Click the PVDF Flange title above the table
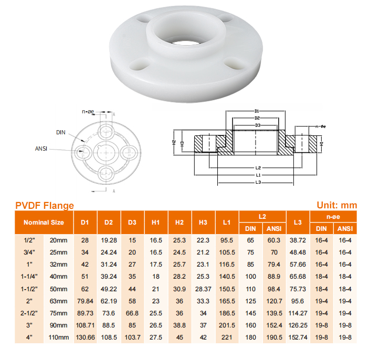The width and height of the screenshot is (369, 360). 45,206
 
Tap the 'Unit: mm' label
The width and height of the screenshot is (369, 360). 337,206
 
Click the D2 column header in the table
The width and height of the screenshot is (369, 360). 109,223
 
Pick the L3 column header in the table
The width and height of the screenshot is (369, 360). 298,223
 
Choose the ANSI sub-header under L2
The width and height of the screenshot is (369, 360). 274,228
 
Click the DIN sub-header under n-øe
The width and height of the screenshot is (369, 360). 321,228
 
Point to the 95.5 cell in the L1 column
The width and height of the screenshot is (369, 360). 227,240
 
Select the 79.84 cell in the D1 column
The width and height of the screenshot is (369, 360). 85,301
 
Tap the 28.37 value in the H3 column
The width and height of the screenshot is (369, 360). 203,289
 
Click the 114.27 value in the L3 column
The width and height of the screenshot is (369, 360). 298,313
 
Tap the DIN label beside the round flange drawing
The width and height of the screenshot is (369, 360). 61,132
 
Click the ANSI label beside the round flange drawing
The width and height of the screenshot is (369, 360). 41,149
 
